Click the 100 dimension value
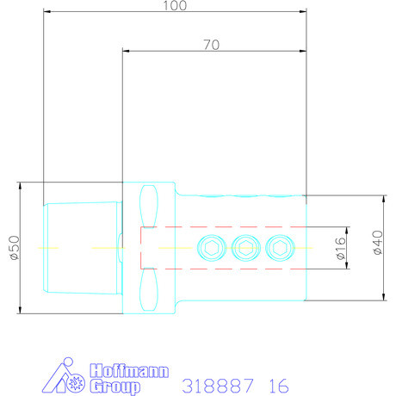coord(175,5)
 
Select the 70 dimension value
coord(212,45)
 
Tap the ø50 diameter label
coord(15,248)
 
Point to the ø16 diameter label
coord(341,248)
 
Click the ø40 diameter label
coord(378,242)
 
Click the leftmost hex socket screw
coord(212,248)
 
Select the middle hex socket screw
coord(246,248)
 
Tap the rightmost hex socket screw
coord(280,248)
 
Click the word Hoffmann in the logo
coord(129,371)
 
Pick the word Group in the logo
coord(115,387)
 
